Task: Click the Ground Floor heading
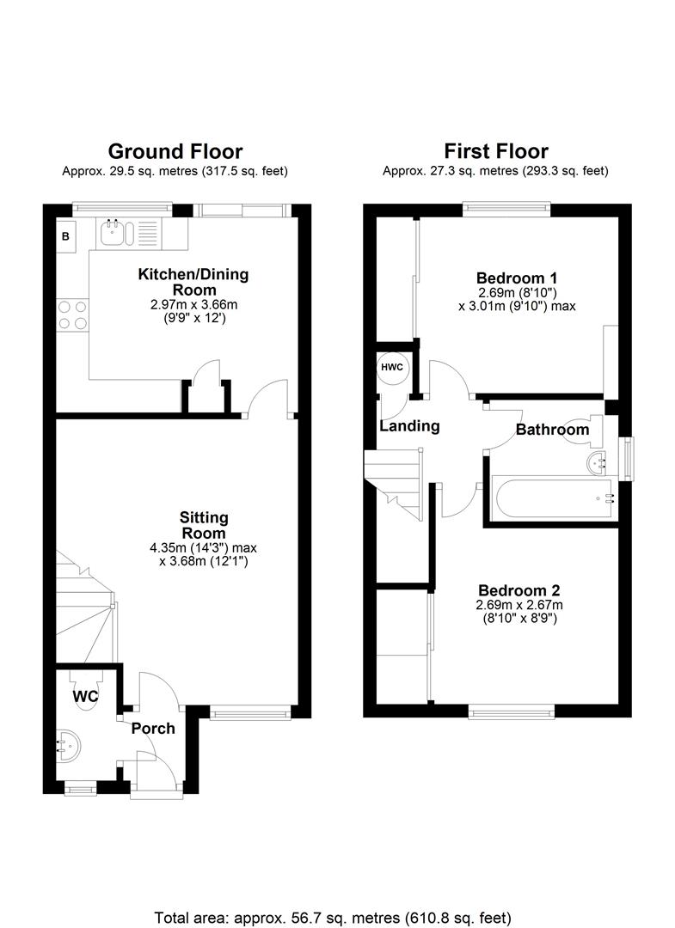point(175,151)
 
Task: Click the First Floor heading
point(496,151)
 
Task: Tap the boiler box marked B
point(65,236)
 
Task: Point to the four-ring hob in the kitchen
point(72,314)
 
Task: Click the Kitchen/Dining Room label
point(193,282)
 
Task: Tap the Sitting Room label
point(204,525)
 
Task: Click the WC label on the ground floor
point(85,697)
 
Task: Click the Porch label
point(153,728)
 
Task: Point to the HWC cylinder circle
point(392,368)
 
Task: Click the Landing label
point(410,426)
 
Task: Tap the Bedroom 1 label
point(517,278)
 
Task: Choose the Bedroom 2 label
point(519,590)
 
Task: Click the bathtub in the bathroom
point(553,499)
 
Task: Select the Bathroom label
point(552,429)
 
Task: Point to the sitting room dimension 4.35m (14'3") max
point(203,548)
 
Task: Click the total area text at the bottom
point(333,918)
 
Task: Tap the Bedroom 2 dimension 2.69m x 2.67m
point(519,605)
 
